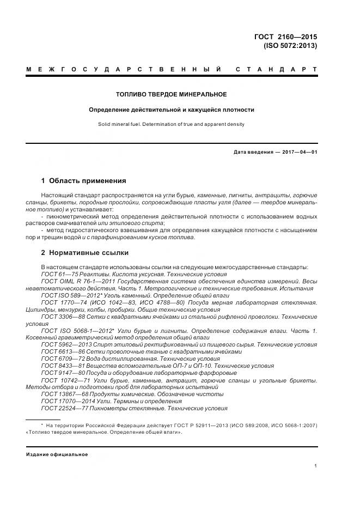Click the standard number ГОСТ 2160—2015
click(285, 37)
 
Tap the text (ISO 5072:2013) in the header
click(290, 46)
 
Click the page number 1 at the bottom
click(315, 465)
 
